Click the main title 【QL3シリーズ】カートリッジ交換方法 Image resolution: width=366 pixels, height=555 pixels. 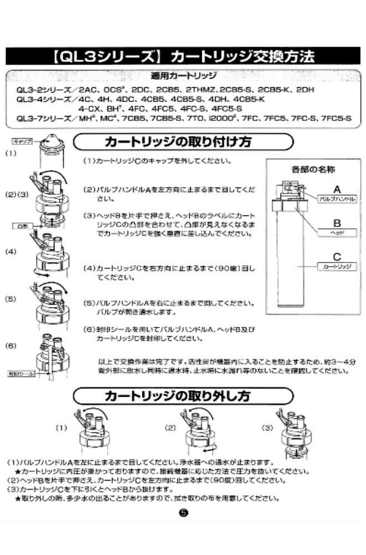(183, 57)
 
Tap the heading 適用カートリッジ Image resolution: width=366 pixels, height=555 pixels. (183, 76)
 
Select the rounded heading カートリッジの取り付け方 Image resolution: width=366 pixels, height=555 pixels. (182, 143)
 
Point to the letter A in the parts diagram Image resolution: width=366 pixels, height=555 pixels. (336, 188)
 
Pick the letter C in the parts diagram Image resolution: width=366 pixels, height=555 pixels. (336, 256)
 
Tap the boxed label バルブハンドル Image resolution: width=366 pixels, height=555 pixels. (336, 198)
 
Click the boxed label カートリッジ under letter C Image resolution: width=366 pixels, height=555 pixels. (336, 267)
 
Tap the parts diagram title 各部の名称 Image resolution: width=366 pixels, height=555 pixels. (308, 168)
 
